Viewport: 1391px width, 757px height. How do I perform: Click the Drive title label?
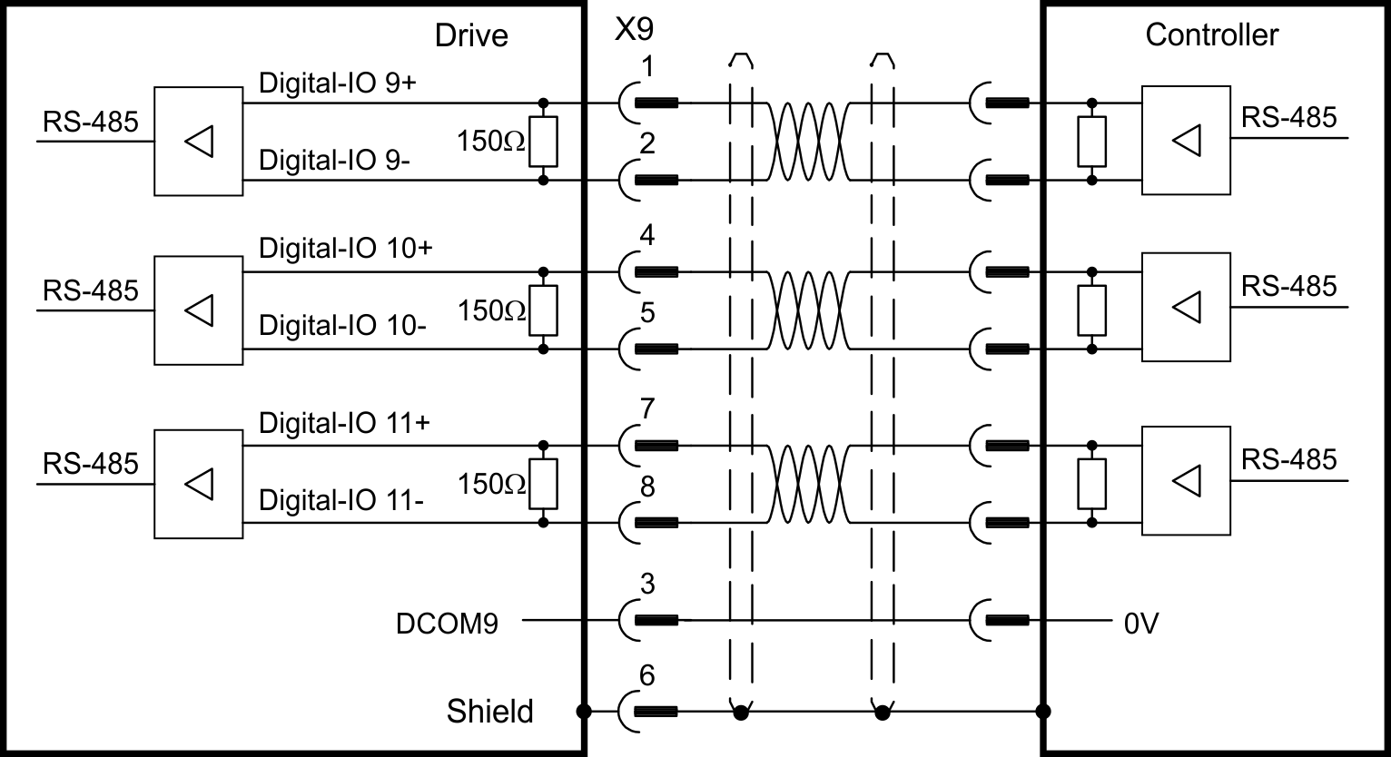tap(471, 35)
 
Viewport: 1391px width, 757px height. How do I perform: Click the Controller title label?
tap(1211, 34)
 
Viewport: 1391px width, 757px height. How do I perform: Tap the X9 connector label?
tap(634, 28)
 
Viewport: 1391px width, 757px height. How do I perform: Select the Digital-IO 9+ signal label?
tap(337, 83)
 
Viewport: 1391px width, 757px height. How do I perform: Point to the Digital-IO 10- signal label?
tap(342, 325)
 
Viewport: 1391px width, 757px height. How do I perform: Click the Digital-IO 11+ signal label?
tap(344, 423)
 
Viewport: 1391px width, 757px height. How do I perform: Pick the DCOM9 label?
tap(447, 624)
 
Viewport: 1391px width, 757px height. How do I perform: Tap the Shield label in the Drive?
tap(490, 711)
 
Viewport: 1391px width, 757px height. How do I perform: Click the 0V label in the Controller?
tap(1141, 624)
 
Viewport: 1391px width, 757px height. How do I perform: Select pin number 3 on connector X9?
tap(647, 584)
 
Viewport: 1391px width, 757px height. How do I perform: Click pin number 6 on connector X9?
tap(647, 675)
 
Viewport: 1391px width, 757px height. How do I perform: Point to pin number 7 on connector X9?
tap(647, 408)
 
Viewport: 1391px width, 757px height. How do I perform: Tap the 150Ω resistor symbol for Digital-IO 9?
tap(543, 142)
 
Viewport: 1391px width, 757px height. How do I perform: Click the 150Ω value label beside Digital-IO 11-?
tap(491, 484)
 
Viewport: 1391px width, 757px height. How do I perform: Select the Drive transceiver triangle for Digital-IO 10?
tap(200, 310)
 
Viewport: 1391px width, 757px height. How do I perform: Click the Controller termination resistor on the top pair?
tap(1091, 142)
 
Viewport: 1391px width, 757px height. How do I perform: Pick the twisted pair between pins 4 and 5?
tap(808, 310)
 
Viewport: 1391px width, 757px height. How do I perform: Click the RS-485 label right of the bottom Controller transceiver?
tap(1288, 459)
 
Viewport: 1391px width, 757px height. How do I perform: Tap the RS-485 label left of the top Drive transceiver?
tap(91, 122)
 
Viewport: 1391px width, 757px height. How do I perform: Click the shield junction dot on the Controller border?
tap(1043, 711)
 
